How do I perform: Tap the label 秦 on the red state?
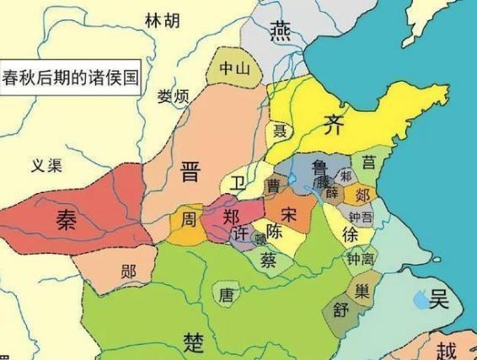click(65, 218)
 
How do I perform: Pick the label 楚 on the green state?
click(194, 341)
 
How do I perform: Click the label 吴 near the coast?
click(438, 298)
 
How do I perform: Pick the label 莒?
click(369, 162)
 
